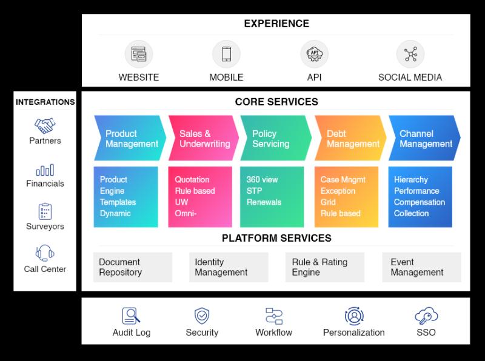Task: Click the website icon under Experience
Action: coord(139,54)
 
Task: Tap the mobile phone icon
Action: coord(226,54)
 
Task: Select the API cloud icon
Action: coord(314,54)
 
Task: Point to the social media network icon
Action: coord(410,54)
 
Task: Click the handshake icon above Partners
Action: coord(45,125)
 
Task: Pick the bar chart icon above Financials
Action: coord(45,170)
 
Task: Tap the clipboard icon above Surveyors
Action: coord(45,211)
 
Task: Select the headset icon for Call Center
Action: coord(45,253)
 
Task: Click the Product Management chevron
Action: coord(130,138)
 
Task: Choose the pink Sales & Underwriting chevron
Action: coord(204,138)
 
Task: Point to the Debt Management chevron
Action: coord(350,138)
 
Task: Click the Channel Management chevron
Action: coord(424,138)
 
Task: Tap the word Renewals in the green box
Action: coord(264,202)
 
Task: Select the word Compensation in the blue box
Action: coord(420,202)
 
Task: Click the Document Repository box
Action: coord(133,267)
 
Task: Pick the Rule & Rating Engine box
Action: coord(325,267)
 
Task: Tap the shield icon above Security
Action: coord(202,316)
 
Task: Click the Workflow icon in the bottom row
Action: coord(274,316)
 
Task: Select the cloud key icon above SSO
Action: coord(426,316)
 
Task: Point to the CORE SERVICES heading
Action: coord(276,102)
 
